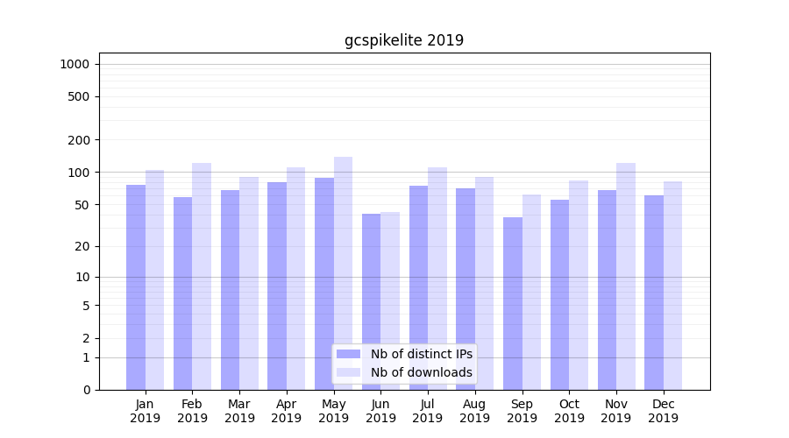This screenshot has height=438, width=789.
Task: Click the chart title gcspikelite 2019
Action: [403, 40]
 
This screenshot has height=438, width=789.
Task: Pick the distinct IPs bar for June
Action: [371, 301]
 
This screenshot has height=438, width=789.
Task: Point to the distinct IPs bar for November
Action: [607, 290]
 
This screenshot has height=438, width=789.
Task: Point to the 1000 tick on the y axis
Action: [75, 64]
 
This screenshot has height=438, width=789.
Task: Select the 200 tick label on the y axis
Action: [80, 140]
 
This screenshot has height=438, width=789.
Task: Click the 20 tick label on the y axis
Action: [82, 246]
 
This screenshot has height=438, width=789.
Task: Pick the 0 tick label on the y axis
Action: [86, 390]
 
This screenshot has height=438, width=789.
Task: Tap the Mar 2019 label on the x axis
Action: [239, 411]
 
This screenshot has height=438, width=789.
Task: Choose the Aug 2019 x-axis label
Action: [474, 411]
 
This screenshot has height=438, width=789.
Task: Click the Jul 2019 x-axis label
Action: [428, 411]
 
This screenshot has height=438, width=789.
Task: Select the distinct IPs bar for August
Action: [466, 289]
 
